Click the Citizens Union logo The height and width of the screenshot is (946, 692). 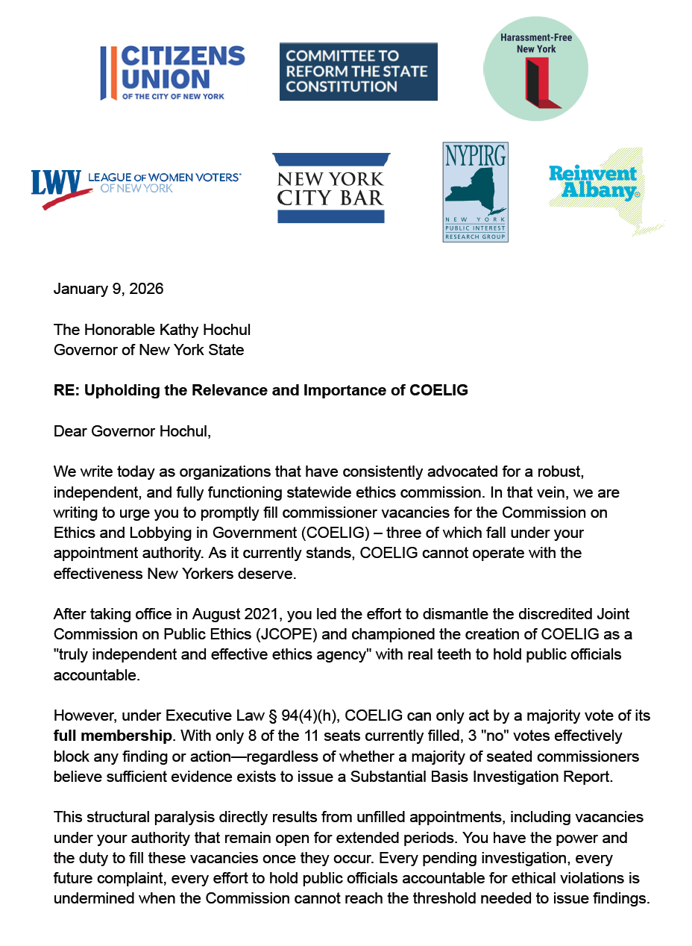point(172,72)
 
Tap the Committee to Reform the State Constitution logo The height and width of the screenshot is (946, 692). point(358,72)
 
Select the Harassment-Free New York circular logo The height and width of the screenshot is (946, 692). point(535,68)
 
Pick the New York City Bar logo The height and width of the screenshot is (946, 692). point(330,188)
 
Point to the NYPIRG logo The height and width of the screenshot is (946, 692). point(475,192)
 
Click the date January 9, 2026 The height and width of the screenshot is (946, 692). point(108,289)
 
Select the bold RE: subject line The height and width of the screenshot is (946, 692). point(260,390)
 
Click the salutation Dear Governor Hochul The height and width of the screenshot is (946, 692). point(132,431)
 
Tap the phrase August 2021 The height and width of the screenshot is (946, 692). point(233,614)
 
